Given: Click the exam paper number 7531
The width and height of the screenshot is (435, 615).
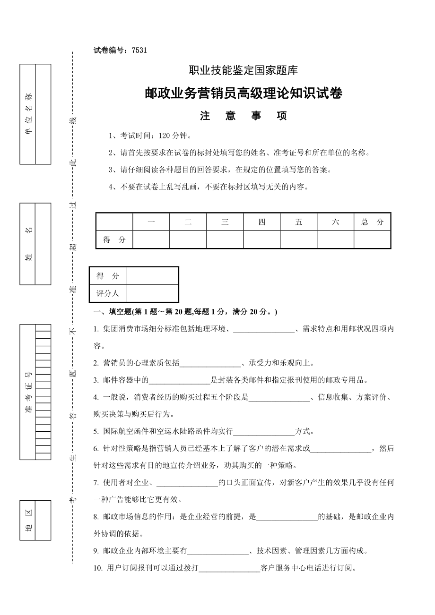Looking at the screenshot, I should (140, 50).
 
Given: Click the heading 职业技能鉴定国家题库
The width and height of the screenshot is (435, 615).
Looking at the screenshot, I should (243, 70).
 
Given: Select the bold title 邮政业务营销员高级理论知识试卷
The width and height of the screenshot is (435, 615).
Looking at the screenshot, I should (243, 94).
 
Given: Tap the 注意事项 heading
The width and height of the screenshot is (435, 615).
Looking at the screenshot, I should (243, 116).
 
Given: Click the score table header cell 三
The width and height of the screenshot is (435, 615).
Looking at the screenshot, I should (225, 222).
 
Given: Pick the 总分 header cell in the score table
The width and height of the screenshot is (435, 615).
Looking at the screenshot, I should (372, 222).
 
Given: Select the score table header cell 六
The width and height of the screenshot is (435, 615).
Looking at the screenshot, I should (335, 222).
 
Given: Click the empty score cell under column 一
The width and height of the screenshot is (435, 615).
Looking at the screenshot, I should (151, 239).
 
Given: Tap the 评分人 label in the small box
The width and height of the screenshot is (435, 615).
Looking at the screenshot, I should (108, 293).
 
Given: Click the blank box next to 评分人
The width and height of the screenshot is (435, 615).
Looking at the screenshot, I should (152, 293).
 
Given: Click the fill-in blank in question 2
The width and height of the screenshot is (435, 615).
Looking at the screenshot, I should (210, 363).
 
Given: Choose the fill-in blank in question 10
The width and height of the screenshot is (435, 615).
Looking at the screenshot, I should (230, 568).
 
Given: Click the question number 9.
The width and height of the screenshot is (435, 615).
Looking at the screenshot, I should (96, 551).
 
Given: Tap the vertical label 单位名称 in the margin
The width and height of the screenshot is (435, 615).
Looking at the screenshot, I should (28, 114).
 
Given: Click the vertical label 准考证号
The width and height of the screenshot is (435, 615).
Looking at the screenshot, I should (28, 392).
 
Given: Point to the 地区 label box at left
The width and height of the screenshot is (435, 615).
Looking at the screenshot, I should (28, 520).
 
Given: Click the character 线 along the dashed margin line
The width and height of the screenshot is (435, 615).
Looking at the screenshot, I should (73, 121).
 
